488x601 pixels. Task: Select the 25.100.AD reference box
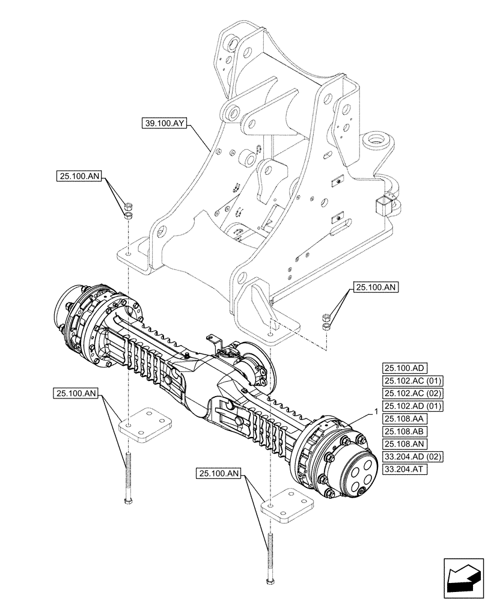coord(403,368)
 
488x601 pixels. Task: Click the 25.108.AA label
coord(403,419)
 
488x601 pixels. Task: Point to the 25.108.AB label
coord(403,432)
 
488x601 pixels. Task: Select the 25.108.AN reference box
coord(403,444)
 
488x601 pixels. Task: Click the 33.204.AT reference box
coord(403,469)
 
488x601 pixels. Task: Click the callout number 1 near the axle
coord(376,412)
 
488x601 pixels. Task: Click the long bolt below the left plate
coord(129,478)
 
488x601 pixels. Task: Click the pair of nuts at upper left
coord(127,211)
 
